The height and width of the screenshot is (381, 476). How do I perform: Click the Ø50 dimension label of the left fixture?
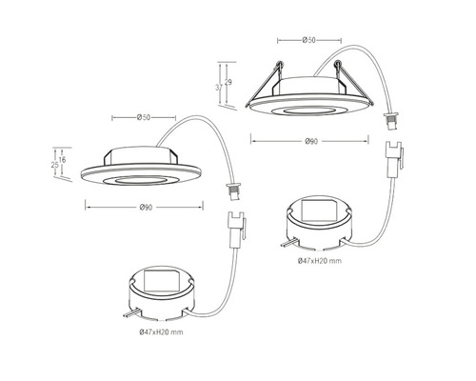click(144, 118)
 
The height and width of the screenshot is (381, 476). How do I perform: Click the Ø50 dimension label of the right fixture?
click(309, 40)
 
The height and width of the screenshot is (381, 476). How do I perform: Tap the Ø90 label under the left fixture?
click(146, 208)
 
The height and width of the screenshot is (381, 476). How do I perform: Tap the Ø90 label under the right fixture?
click(311, 141)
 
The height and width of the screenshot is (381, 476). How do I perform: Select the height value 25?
click(55, 165)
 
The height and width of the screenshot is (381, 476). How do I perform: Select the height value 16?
click(63, 160)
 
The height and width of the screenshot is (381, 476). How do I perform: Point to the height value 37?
click(219, 88)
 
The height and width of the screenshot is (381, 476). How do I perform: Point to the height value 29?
click(228, 82)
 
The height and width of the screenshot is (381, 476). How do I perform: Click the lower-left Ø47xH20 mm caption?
click(161, 332)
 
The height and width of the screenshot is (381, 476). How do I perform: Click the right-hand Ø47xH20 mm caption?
click(320, 261)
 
